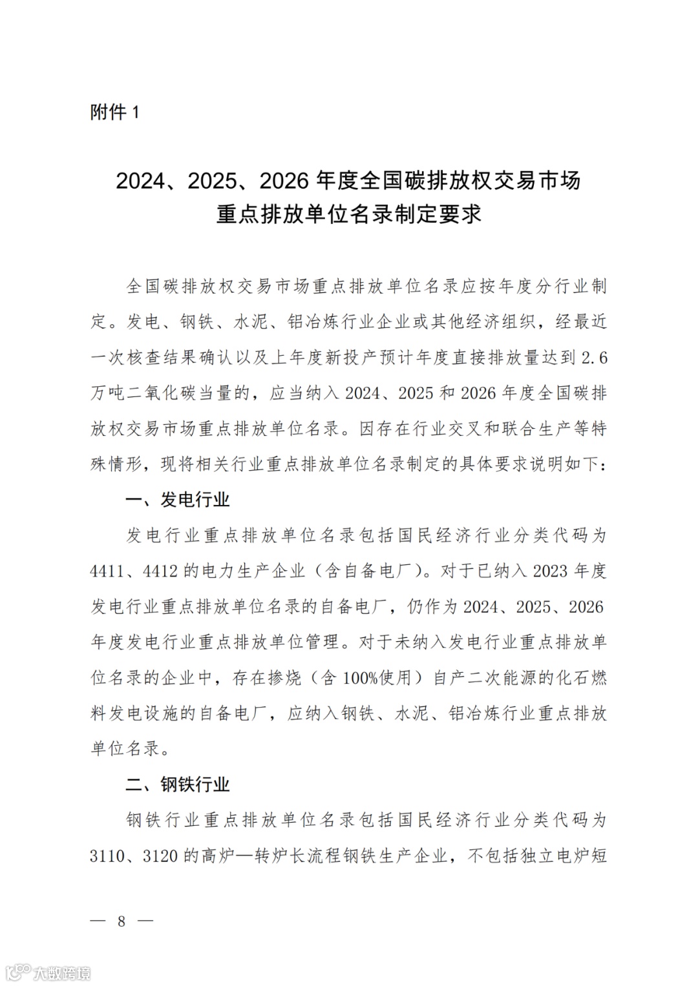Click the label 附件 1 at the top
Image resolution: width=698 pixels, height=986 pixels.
tap(114, 112)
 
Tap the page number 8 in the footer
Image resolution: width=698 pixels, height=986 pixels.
tap(122, 921)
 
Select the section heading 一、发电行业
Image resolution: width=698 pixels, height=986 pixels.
tap(178, 500)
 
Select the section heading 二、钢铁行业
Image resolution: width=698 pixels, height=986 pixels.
tap(178, 785)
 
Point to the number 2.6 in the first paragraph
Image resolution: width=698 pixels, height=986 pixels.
tap(594, 358)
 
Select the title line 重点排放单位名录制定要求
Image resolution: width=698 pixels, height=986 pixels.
tap(349, 214)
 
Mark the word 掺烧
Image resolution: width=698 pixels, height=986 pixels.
tap(284, 678)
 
